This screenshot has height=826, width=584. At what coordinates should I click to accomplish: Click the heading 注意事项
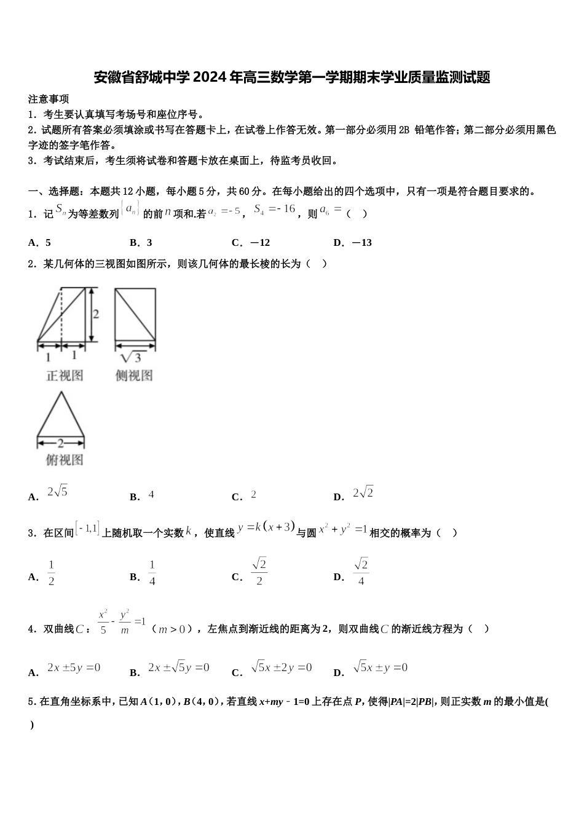click(x=49, y=99)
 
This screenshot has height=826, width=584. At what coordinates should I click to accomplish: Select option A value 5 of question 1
click(x=49, y=243)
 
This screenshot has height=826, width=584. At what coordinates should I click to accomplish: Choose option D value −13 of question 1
click(x=362, y=243)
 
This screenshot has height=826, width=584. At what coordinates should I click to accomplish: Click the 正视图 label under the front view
click(x=65, y=375)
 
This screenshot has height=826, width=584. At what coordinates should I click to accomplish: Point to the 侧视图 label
click(x=134, y=375)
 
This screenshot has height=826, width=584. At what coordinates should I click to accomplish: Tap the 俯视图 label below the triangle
click(x=65, y=460)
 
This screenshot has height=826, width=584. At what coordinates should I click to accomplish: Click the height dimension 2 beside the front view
click(x=96, y=314)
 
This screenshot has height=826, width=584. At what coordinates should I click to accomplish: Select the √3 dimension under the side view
click(x=132, y=356)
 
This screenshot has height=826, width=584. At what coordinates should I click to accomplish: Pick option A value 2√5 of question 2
click(x=57, y=492)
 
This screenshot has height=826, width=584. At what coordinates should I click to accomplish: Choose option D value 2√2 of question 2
click(x=363, y=493)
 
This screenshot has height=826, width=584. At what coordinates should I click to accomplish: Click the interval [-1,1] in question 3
click(x=88, y=529)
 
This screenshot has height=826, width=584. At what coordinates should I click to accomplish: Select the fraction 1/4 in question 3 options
click(x=152, y=573)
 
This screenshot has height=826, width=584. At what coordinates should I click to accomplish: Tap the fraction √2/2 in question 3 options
click(x=259, y=572)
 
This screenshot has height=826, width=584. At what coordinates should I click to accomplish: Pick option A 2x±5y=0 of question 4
click(x=74, y=668)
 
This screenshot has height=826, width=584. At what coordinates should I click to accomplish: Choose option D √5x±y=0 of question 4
click(x=381, y=667)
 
